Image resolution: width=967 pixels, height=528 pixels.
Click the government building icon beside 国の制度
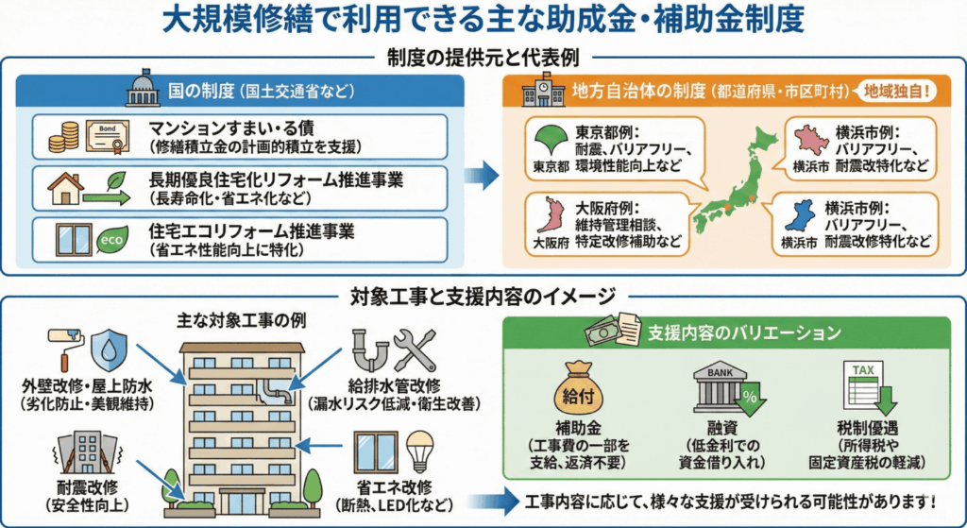(144, 93)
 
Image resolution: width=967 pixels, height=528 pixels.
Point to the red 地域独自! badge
(893, 92)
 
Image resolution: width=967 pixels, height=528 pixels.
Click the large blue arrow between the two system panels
(484, 174)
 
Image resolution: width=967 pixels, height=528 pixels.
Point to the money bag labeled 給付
(576, 387)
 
